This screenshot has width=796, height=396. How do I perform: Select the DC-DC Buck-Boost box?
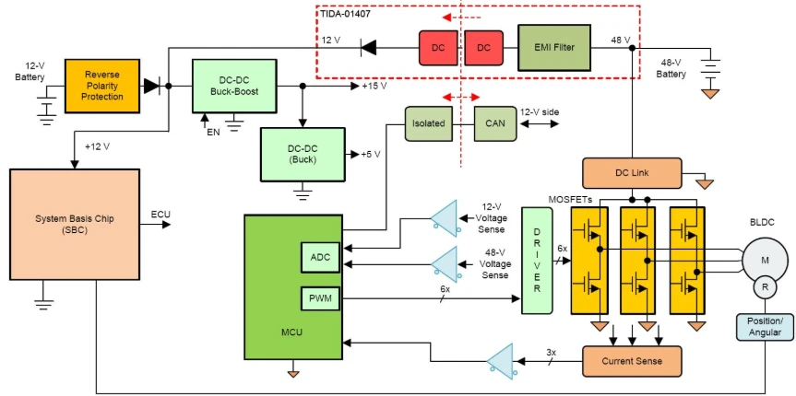(234, 86)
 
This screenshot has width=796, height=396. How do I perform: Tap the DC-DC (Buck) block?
(303, 154)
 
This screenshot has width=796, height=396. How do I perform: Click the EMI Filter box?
(554, 48)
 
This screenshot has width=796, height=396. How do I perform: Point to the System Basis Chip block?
(75, 224)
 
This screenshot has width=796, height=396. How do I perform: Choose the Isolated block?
(429, 123)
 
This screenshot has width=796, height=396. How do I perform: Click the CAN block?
(495, 123)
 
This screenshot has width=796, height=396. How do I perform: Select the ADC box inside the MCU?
(320, 257)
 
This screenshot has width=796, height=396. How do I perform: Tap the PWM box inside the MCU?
(320, 298)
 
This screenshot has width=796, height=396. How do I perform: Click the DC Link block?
(632, 173)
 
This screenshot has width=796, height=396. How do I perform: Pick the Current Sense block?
(632, 361)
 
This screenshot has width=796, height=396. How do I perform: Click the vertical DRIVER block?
(537, 260)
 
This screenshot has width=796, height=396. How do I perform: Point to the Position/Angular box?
(765, 327)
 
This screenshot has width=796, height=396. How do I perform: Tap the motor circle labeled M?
(765, 260)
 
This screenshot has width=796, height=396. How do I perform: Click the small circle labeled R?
(765, 287)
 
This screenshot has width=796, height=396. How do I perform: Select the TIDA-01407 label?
(345, 14)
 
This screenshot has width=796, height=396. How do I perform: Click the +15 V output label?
(374, 87)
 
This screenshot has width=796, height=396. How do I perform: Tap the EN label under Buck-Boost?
(213, 133)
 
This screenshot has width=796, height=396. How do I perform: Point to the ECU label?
(160, 215)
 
